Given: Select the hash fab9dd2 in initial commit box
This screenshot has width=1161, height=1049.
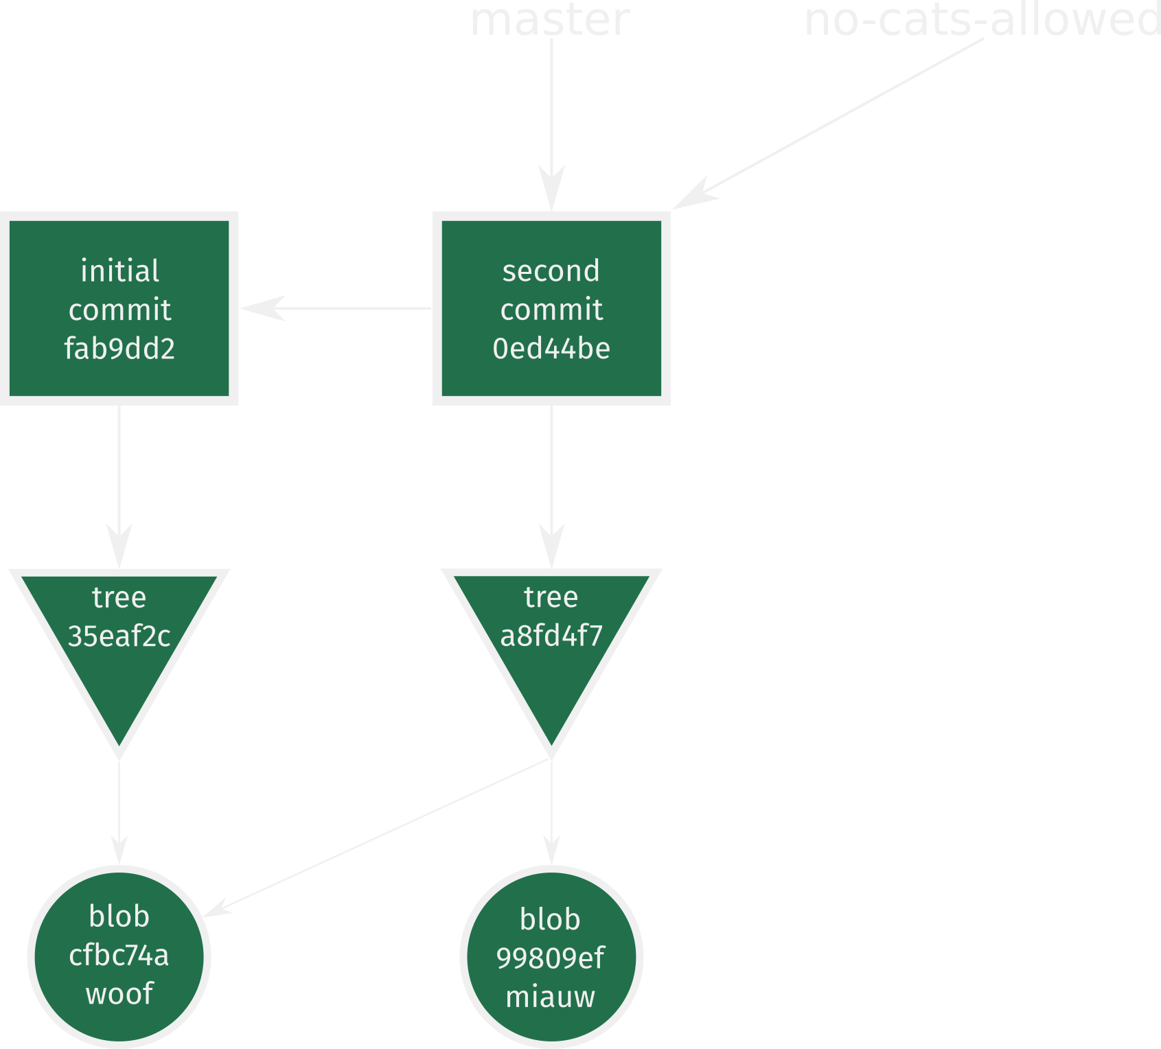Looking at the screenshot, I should (x=119, y=349).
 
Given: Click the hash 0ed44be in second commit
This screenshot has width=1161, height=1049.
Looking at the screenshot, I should (x=551, y=349).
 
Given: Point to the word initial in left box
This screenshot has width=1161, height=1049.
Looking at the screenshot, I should (x=119, y=270).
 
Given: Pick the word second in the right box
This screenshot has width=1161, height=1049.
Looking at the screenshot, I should (x=551, y=270).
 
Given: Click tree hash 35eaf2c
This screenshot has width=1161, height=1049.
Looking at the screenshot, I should (x=119, y=636).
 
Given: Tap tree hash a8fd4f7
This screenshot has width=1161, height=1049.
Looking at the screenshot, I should (x=551, y=636).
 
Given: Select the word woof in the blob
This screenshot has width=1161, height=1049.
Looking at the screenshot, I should (x=119, y=993).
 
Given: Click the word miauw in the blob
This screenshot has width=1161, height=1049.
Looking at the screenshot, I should (x=551, y=996).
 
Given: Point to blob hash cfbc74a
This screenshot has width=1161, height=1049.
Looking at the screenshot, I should (x=119, y=955).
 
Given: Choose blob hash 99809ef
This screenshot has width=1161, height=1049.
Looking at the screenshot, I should (x=551, y=958).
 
